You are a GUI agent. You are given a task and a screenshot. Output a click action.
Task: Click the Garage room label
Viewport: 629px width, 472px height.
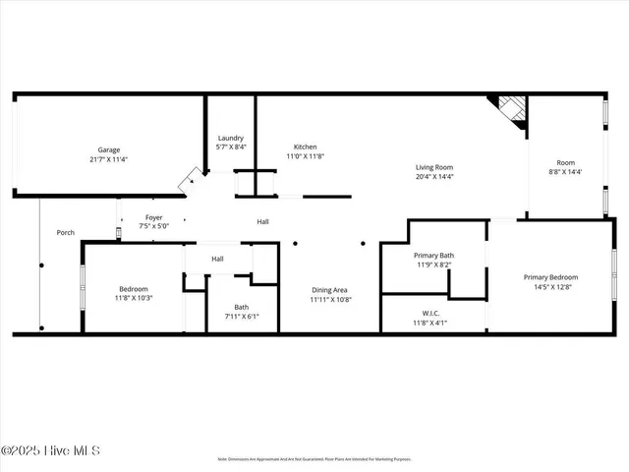(107, 149)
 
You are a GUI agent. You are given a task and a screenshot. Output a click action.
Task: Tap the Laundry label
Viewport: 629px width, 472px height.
(230, 139)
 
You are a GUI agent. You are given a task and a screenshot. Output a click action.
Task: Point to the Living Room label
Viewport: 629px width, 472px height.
(433, 167)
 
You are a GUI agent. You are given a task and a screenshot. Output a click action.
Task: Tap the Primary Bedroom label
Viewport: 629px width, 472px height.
(550, 277)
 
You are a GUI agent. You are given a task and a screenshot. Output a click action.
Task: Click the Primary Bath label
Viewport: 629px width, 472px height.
(433, 256)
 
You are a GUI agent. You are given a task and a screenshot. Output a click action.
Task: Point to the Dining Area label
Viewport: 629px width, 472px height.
(329, 290)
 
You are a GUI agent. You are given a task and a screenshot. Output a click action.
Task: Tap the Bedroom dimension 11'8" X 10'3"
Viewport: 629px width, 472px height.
(134, 297)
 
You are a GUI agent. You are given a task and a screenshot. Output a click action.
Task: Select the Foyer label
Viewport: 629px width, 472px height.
(154, 217)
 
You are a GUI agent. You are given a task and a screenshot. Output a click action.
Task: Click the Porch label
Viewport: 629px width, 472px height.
(65, 233)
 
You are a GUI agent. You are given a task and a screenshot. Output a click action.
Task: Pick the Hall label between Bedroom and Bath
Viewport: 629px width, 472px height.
(217, 259)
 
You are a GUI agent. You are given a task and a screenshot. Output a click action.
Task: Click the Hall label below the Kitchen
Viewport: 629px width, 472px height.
(263, 222)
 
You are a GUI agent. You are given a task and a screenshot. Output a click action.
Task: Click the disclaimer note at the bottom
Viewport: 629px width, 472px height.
(314, 459)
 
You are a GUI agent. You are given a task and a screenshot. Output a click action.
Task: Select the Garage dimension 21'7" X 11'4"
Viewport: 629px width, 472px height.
(107, 159)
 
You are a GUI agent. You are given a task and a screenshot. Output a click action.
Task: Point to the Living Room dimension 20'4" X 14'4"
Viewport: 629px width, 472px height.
(433, 177)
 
